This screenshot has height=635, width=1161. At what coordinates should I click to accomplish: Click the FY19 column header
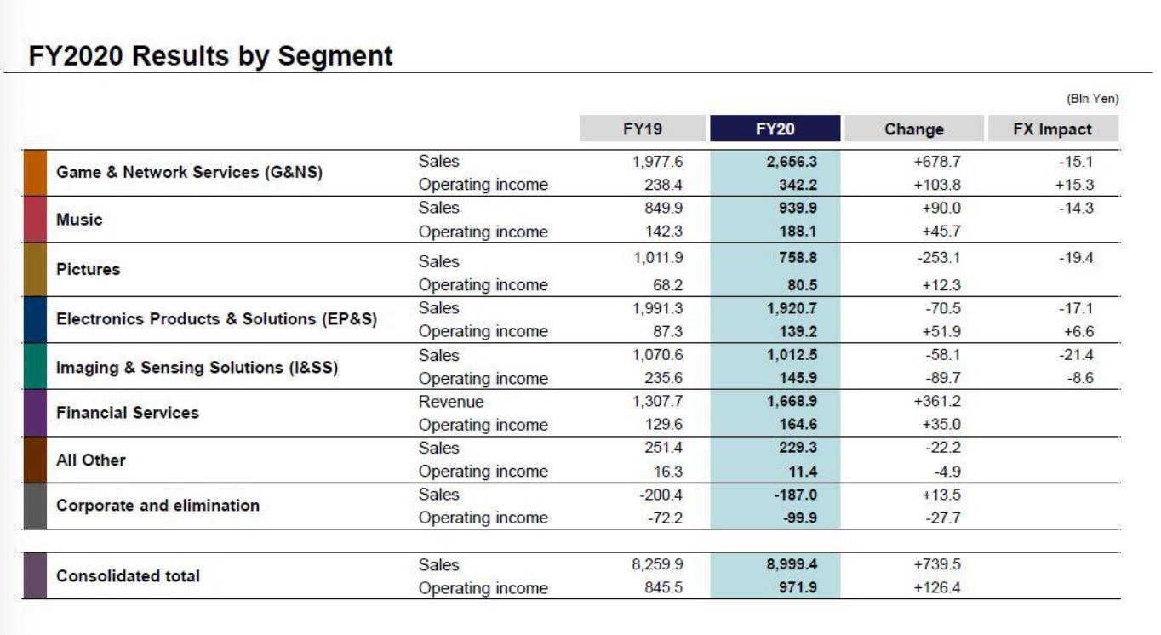pyautogui.click(x=643, y=129)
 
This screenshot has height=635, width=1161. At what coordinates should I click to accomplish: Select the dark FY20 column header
pyautogui.click(x=775, y=129)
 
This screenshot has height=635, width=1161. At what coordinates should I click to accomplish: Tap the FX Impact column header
pyautogui.click(x=1052, y=129)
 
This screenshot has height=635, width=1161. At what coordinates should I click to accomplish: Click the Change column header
pyautogui.click(x=913, y=129)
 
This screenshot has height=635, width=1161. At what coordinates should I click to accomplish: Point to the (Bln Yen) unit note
pyautogui.click(x=1092, y=99)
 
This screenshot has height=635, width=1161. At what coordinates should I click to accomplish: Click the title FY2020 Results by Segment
pyautogui.click(x=211, y=56)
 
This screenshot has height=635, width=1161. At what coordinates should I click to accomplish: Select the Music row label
pyautogui.click(x=79, y=220)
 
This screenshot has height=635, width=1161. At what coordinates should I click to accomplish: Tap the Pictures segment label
pyautogui.click(x=89, y=269)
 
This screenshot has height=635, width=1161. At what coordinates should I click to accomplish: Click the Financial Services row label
pyautogui.click(x=128, y=413)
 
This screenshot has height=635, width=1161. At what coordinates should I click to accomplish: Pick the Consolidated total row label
pyautogui.click(x=129, y=576)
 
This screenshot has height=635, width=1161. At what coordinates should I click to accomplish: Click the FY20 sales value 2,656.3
pyautogui.click(x=792, y=162)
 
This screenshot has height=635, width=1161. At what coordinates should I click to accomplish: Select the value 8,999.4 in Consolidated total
pyautogui.click(x=792, y=564)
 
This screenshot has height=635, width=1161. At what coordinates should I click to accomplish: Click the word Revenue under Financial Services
pyautogui.click(x=451, y=402)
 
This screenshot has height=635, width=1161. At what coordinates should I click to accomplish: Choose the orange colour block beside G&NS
pyautogui.click(x=34, y=173)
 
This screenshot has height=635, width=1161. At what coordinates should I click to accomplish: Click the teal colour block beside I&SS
pyautogui.click(x=34, y=367)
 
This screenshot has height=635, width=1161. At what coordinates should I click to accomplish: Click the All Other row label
pyautogui.click(x=91, y=461)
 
